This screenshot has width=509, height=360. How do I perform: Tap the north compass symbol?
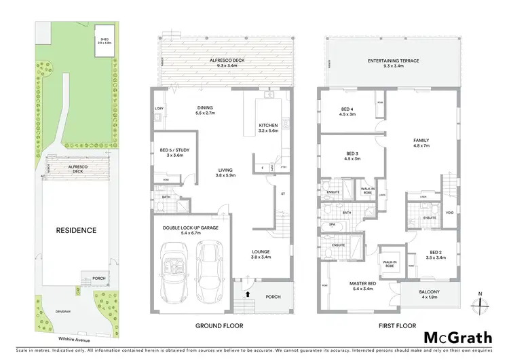(480, 302)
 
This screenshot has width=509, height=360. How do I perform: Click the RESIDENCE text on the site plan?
(77, 230)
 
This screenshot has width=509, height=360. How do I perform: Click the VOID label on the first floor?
(449, 213)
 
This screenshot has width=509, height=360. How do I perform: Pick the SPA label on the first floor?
(333, 223)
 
